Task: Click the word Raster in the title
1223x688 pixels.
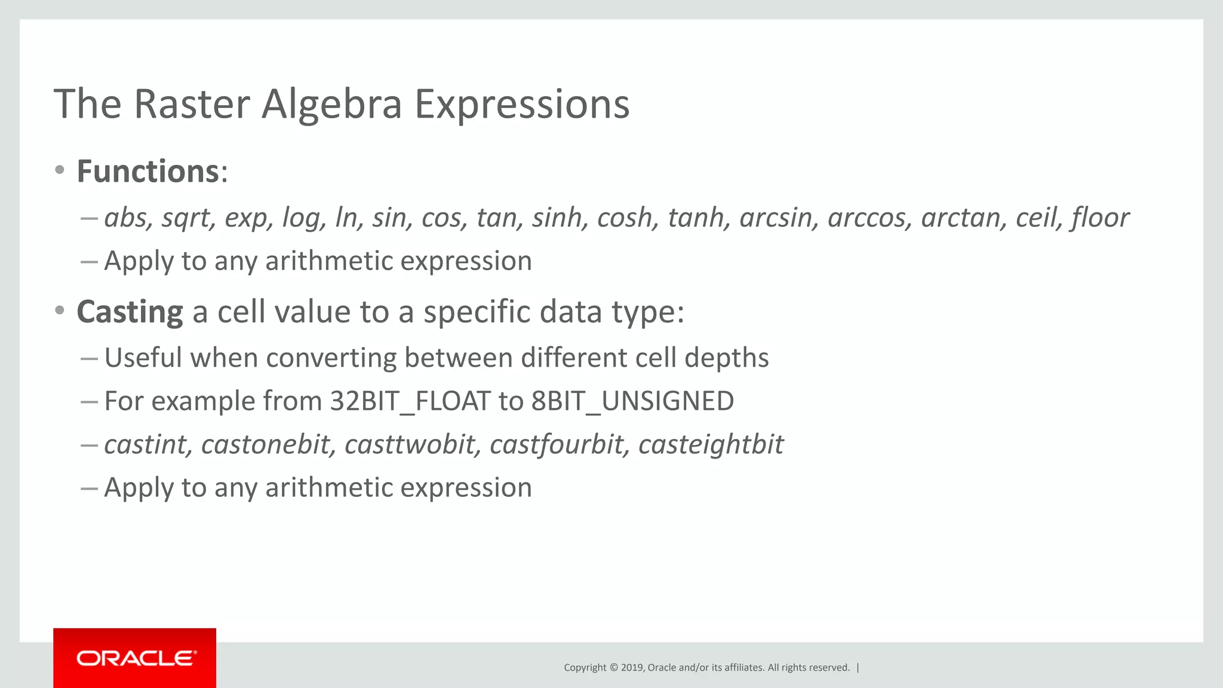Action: (x=192, y=105)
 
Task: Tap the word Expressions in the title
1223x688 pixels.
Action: (x=521, y=105)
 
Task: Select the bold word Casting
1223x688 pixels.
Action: (x=130, y=312)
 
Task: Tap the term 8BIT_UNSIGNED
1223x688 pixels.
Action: (x=632, y=401)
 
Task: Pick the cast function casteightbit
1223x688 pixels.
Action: (x=711, y=445)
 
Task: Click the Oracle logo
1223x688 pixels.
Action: (x=135, y=658)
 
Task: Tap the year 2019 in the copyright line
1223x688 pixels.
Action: (x=632, y=668)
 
